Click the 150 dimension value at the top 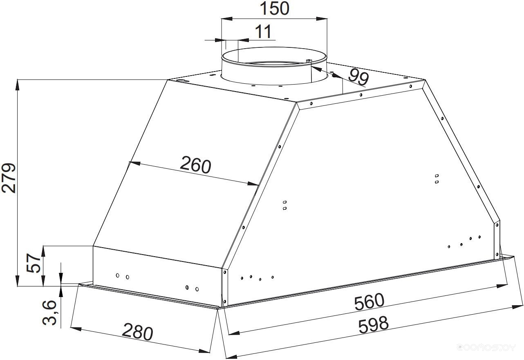click(274, 9)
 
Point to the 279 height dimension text click(9, 178)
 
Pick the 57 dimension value click(34, 264)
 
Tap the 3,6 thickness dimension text click(49, 313)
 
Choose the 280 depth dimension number click(138, 332)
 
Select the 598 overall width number click(373, 325)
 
